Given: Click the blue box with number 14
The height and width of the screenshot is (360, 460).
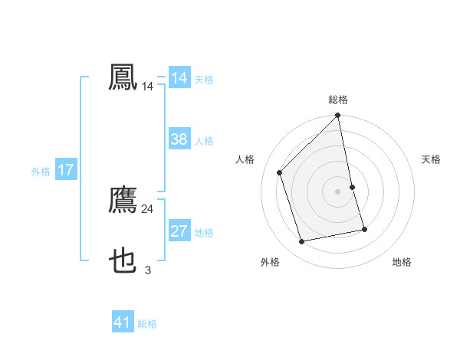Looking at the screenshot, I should pyautogui.click(x=179, y=78).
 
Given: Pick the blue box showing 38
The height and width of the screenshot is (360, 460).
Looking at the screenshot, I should pyautogui.click(x=179, y=139).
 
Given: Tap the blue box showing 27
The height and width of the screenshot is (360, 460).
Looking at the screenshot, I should pyautogui.click(x=179, y=231).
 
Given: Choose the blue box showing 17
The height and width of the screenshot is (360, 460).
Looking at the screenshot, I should pyautogui.click(x=66, y=170).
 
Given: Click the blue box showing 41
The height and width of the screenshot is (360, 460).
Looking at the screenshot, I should pyautogui.click(x=123, y=322).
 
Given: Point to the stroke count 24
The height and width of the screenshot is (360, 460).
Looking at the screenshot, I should pyautogui.click(x=148, y=209).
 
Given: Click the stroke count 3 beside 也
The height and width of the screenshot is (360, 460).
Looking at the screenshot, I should pyautogui.click(x=148, y=270).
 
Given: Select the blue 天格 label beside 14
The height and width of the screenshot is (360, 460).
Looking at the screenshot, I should pyautogui.click(x=204, y=79).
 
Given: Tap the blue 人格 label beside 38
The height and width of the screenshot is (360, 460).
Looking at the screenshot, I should pyautogui.click(x=204, y=141).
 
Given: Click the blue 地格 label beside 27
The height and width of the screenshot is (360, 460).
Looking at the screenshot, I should pyautogui.click(x=204, y=232).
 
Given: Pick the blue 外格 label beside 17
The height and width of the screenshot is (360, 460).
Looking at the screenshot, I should pyautogui.click(x=41, y=172).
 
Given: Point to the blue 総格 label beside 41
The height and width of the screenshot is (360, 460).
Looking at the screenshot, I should pyautogui.click(x=147, y=324).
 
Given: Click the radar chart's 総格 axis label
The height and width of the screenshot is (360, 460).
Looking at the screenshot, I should pyautogui.click(x=338, y=100).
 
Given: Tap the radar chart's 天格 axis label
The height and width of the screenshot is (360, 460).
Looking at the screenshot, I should pyautogui.click(x=431, y=159).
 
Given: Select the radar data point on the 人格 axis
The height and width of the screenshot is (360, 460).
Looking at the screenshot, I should pyautogui.click(x=280, y=172).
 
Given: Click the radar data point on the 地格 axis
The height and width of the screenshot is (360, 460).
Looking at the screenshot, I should pyautogui.click(x=364, y=229).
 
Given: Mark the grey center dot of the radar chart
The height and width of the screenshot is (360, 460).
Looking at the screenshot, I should pyautogui.click(x=338, y=191).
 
